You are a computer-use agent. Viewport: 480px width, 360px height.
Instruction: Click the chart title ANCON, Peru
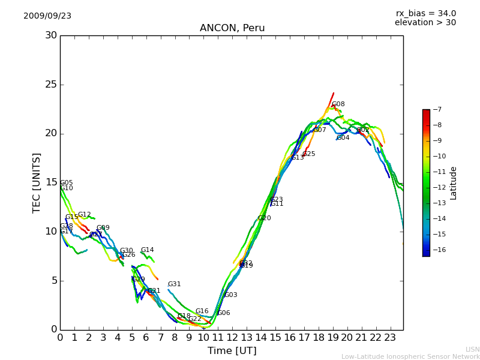point(232,28)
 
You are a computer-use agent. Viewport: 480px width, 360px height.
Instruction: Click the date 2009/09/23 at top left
point(47,16)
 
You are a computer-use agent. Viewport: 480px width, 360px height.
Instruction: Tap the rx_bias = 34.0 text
point(425,14)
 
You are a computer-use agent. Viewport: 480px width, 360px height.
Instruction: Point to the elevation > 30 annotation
point(425,23)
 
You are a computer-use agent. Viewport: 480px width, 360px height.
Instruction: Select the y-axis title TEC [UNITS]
point(37,182)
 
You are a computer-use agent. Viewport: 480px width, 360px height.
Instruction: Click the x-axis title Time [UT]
point(232,351)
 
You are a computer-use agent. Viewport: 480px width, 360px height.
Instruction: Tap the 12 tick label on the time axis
point(232,337)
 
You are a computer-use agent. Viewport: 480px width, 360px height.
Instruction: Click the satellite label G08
point(338,104)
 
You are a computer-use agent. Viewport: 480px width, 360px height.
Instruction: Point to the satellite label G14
point(148,250)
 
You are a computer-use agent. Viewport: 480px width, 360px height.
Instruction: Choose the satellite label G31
point(174,284)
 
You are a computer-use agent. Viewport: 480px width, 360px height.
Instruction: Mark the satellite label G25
point(308,154)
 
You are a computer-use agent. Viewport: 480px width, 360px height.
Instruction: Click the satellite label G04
point(343,138)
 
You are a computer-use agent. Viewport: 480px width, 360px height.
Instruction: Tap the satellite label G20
point(265,218)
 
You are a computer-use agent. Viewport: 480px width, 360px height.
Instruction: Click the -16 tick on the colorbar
point(437,250)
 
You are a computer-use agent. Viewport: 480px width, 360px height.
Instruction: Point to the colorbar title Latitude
point(454,183)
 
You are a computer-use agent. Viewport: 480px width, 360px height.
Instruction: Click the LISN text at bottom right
point(472,350)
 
